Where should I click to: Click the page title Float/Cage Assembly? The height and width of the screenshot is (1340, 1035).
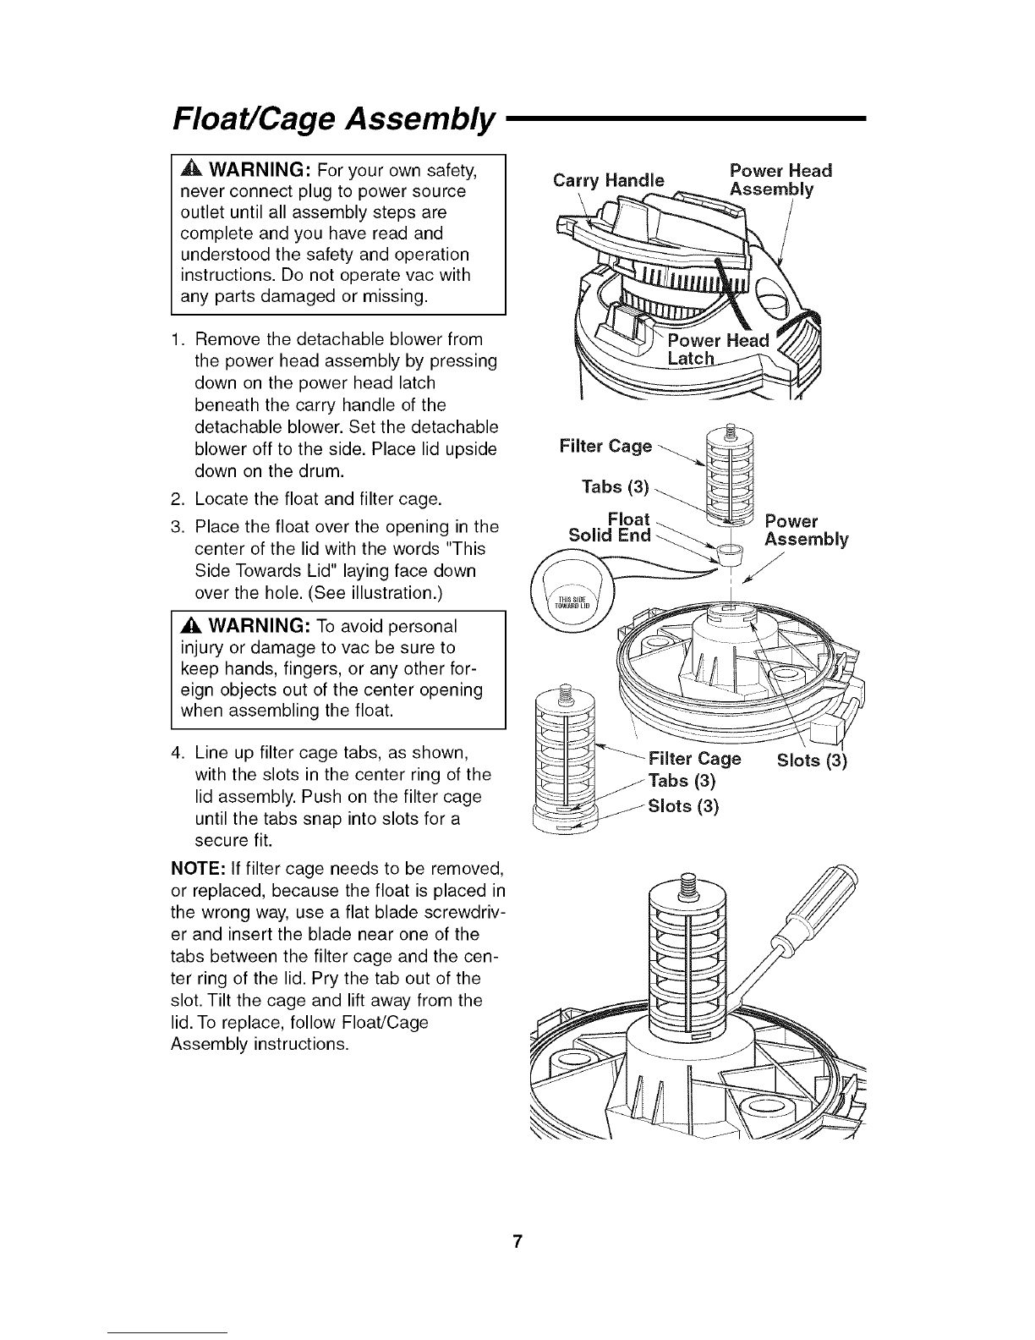[333, 118]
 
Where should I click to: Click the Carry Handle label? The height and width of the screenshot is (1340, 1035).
[609, 180]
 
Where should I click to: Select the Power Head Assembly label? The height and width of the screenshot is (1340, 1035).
[780, 180]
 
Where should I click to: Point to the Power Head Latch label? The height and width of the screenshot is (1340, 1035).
[718, 349]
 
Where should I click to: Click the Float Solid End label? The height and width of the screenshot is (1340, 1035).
[610, 527]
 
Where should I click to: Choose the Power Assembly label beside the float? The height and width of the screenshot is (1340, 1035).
[807, 530]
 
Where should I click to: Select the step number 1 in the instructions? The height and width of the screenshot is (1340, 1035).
[177, 340]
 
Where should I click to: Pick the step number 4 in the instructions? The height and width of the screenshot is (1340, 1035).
[178, 754]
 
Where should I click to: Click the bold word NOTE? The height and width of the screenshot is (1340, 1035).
[198, 869]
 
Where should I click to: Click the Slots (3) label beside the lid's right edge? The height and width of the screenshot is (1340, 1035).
[812, 761]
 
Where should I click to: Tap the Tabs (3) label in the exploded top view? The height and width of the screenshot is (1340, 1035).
[616, 487]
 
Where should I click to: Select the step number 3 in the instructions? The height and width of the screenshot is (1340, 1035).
[178, 527]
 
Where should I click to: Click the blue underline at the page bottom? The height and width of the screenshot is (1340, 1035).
[167, 1332]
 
